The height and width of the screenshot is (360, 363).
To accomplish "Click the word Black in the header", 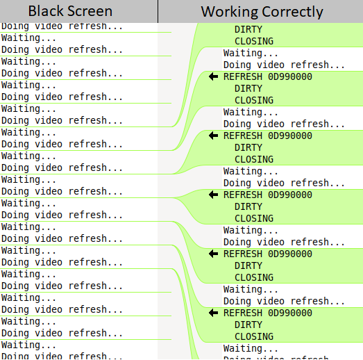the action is pos(46,11).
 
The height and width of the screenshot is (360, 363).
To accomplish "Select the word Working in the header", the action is pos(229,12).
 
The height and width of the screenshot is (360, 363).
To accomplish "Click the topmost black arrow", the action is pos(213,76).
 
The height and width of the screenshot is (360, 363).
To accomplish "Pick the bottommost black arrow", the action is pos(213,313).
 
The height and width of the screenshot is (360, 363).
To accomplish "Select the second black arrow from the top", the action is pos(213,136).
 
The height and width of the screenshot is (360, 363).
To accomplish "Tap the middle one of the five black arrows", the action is pos(213,195).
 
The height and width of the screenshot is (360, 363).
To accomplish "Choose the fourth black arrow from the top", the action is pos(213,254).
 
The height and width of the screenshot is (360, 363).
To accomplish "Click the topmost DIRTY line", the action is pos(248,29).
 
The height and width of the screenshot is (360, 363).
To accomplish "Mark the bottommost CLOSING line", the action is pos(254,336).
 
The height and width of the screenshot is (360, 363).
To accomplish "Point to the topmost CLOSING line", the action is pos(254,41).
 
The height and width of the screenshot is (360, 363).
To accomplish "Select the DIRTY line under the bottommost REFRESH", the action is pos(248,325).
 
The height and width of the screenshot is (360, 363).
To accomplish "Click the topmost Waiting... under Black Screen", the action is pos(28,38).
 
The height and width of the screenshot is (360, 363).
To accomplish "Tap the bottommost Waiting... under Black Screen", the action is pos(28,345).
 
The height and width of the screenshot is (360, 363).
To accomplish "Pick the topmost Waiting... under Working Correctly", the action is pos(251,53).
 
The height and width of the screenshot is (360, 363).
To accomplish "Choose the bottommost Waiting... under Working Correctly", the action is pos(251,348).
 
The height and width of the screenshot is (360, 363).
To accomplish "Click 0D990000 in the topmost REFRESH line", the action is pos(290,76).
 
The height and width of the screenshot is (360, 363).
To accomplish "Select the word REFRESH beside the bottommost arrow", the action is pos(243,313).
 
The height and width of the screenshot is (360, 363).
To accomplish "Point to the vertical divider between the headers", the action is pos(158,11).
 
